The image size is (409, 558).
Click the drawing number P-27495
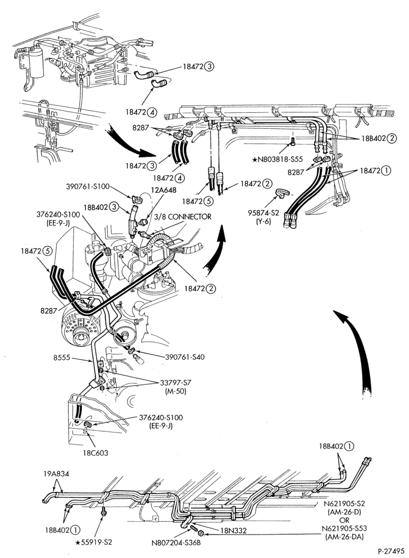(392, 551)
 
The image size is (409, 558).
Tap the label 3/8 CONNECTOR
(182, 217)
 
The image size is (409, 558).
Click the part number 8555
(60, 358)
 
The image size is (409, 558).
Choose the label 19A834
(56, 474)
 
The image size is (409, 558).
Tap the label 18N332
(234, 531)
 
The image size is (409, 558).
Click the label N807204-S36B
(171, 543)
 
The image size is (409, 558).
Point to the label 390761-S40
(185, 357)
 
